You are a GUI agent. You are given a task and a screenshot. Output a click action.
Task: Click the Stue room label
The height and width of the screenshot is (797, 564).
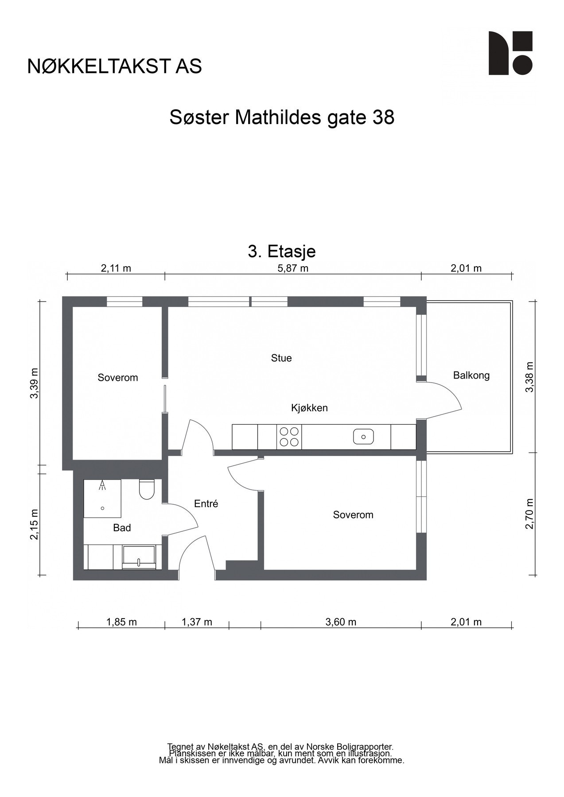point(281,358)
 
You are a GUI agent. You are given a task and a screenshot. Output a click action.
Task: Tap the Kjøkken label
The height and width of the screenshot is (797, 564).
point(309,408)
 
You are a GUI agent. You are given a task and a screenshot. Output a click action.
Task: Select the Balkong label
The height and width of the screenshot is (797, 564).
point(471,375)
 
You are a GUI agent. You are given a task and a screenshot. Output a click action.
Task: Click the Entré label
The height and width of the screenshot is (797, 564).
point(206,503)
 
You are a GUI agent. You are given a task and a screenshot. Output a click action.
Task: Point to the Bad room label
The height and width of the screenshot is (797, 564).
point(122,528)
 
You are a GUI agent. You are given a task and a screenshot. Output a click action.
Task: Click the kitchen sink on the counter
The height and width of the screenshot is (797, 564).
point(363,437)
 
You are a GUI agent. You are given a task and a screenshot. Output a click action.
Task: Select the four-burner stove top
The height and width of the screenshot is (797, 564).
point(289,437)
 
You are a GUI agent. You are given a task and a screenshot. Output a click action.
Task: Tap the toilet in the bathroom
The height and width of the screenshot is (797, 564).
point(147,489)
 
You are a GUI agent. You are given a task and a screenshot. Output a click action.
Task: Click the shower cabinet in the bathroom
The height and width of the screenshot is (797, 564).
point(102,498)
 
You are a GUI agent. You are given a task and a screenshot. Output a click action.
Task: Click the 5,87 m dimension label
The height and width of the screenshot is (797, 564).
point(293,268)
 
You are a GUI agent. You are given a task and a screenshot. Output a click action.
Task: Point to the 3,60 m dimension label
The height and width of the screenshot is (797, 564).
point(341,622)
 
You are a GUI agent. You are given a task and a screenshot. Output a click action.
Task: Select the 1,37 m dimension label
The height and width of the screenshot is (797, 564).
point(197,622)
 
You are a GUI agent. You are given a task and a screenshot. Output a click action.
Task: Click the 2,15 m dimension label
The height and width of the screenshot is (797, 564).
point(34,524)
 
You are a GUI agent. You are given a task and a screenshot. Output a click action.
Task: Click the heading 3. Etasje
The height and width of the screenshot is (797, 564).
point(282,251)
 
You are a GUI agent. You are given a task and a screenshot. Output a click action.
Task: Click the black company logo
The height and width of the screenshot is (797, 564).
point(510,53)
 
